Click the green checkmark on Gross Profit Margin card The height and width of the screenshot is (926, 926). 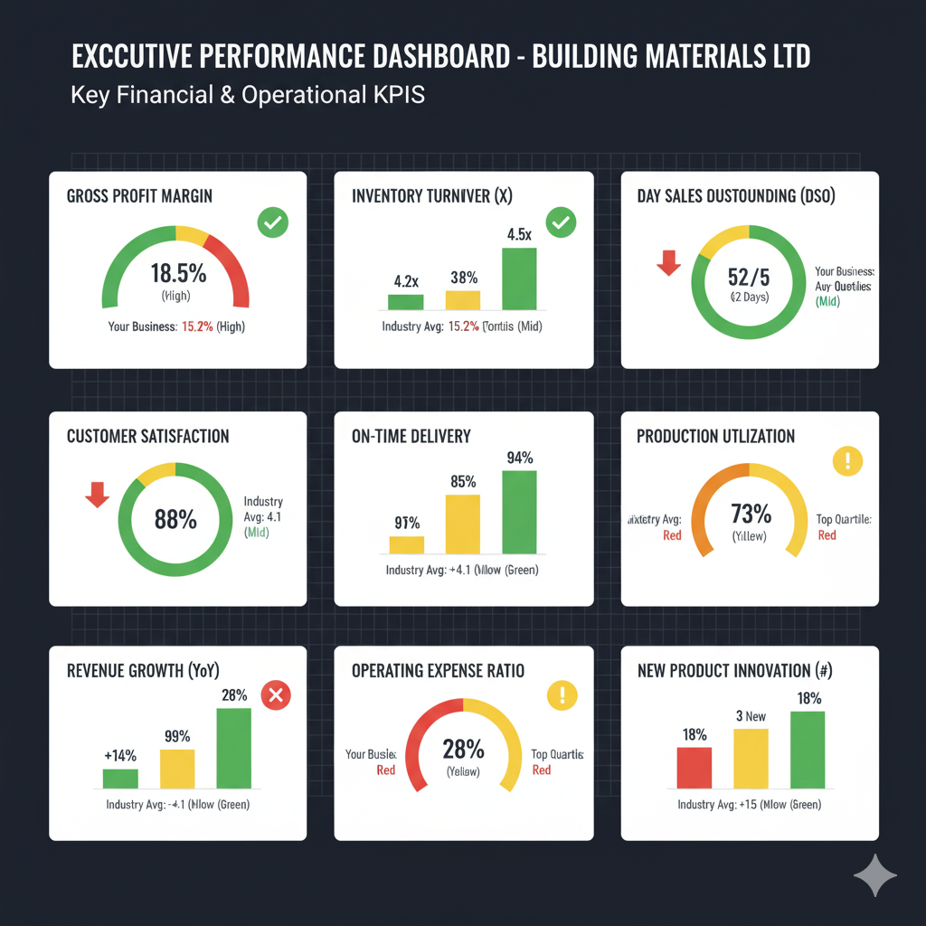tap(271, 222)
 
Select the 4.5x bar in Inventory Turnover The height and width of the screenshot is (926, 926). tap(519, 279)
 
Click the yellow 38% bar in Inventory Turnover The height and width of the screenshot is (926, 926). tap(463, 300)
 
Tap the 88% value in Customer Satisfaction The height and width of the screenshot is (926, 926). tap(175, 519)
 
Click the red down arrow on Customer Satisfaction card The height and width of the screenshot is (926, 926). tap(97, 494)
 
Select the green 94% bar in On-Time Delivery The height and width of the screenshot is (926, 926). tap(519, 511)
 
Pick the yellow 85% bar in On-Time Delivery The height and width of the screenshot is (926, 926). tap(463, 524)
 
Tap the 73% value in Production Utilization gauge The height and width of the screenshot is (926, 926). tap(750, 515)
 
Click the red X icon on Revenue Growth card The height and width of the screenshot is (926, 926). tap(275, 694)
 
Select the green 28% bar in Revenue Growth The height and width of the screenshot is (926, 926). tap(233, 748)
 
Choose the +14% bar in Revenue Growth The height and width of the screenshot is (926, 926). tap(120, 779)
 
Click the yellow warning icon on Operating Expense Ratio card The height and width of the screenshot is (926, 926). tap(562, 694)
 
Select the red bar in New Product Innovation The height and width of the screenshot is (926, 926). tap(694, 768)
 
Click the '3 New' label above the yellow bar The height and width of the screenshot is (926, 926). tap(750, 716)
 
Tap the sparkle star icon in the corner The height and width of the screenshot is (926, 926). tap(875, 875)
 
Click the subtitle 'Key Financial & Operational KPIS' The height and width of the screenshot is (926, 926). tap(247, 95)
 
